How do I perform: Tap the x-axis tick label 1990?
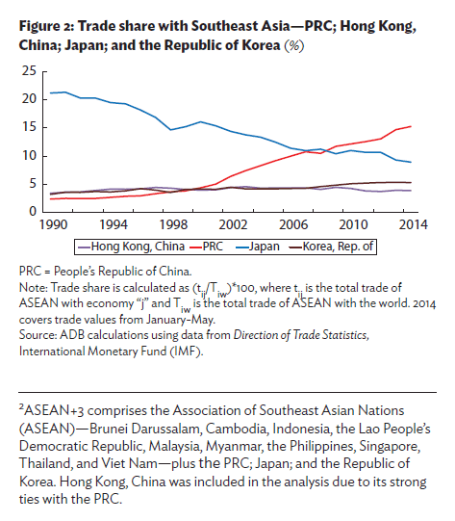52,225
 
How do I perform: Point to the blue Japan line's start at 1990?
51,92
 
